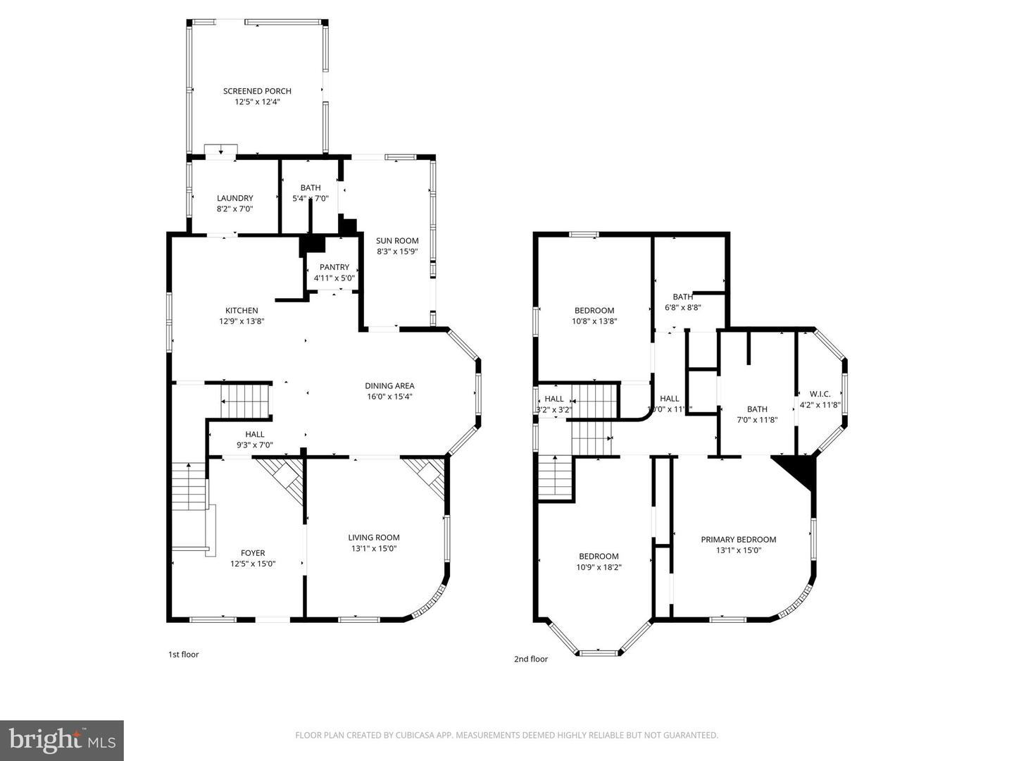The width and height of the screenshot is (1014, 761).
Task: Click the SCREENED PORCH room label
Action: click(x=257, y=91)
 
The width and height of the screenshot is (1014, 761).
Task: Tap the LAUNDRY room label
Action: click(x=234, y=198)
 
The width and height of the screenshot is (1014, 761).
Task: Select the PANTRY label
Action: click(x=334, y=267)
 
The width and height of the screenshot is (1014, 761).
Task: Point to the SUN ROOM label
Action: click(x=397, y=240)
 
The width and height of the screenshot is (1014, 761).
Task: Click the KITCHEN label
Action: click(x=242, y=310)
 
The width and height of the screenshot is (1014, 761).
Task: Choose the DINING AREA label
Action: click(x=389, y=385)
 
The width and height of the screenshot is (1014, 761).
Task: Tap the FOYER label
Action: click(x=253, y=553)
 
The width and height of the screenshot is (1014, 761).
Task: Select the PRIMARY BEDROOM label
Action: click(x=738, y=540)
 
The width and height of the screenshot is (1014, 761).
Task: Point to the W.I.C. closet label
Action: click(x=820, y=394)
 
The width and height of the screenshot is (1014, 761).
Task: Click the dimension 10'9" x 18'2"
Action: click(x=599, y=567)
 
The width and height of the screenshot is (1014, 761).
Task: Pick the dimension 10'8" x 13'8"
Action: click(x=594, y=321)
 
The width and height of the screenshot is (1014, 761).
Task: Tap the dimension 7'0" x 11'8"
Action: click(x=757, y=420)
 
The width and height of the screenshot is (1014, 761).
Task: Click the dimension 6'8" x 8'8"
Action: click(x=682, y=307)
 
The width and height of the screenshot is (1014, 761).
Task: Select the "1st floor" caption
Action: click(x=183, y=655)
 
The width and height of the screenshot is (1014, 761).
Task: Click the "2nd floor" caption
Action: click(x=530, y=660)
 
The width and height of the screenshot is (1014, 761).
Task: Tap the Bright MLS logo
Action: click(x=62, y=740)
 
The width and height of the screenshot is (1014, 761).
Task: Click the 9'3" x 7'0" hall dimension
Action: click(x=254, y=445)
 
